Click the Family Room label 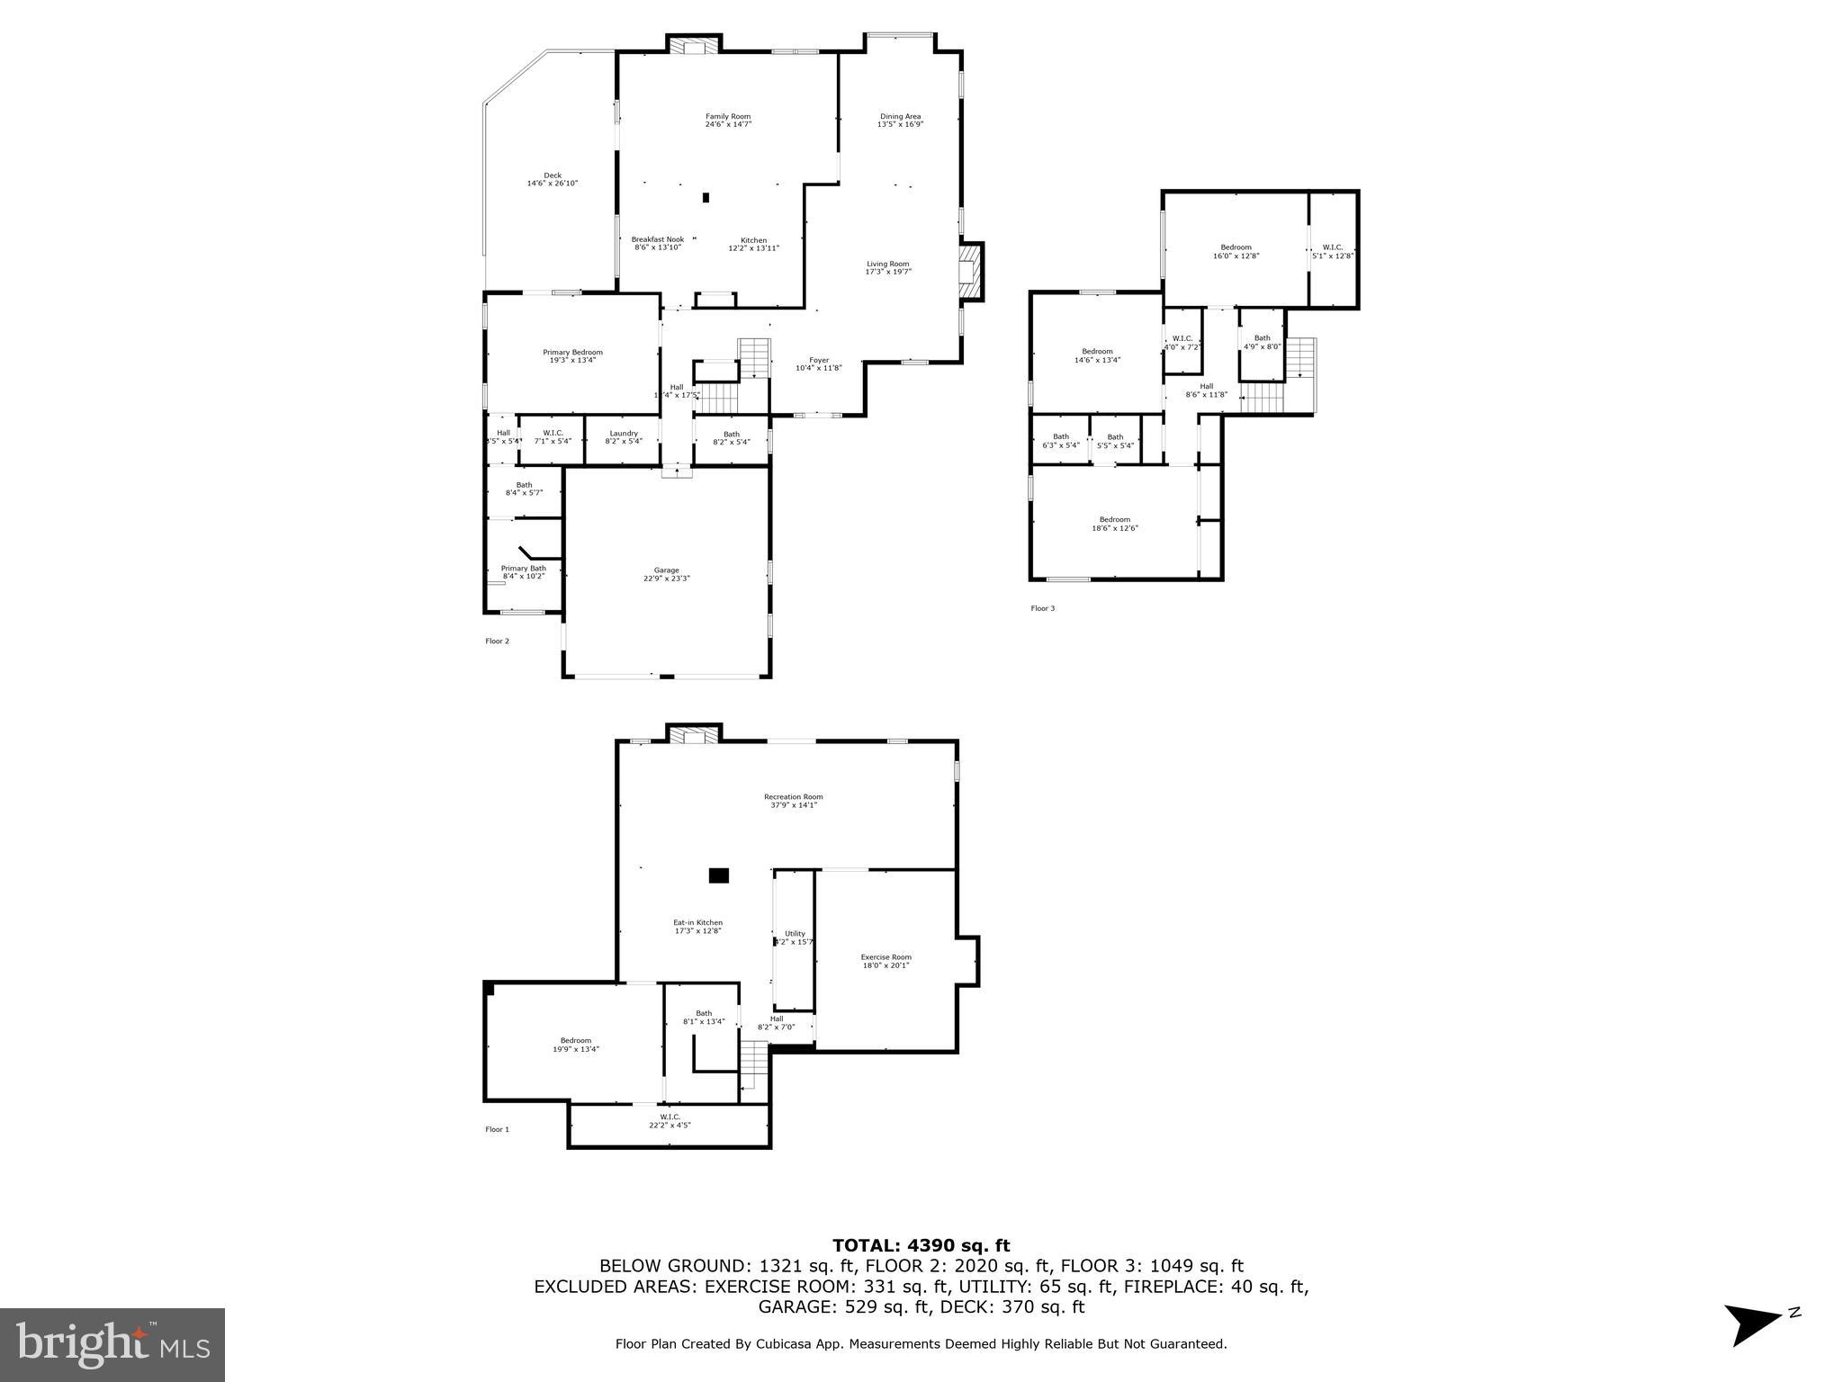click(727, 116)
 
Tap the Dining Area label click(900, 116)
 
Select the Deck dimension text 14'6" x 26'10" click(552, 184)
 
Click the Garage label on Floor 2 click(666, 570)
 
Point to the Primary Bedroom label click(572, 353)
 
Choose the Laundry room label click(623, 433)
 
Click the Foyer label click(818, 360)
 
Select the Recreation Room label click(793, 796)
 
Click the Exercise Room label click(886, 957)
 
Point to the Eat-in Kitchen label click(697, 922)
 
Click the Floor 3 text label click(1042, 608)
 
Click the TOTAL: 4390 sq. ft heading click(921, 1245)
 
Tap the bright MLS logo click(112, 1345)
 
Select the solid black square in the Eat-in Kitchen click(718, 875)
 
